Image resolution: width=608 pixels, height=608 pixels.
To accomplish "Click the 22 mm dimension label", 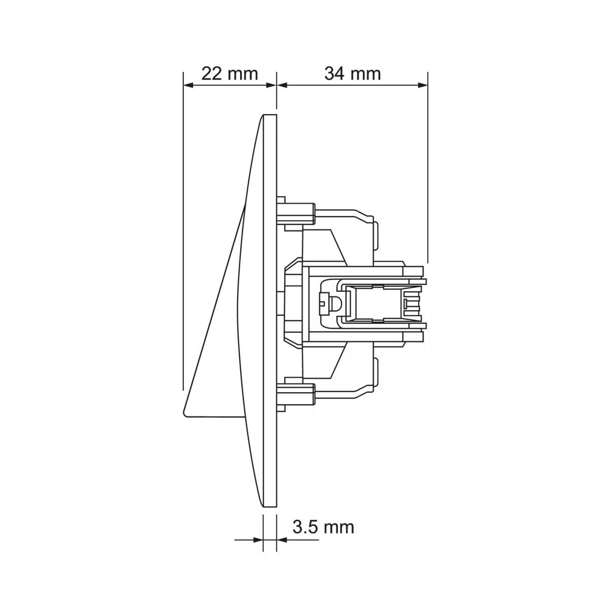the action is [230, 73].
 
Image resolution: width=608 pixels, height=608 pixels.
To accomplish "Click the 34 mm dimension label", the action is [353, 73].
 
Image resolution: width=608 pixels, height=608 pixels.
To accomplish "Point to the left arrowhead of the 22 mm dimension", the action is [188, 85].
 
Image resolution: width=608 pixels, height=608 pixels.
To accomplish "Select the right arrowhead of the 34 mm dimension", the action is [423, 85].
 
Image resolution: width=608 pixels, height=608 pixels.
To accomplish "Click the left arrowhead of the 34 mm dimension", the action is [282, 85].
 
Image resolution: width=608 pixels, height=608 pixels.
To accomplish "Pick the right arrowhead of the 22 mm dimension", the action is [272, 85].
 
